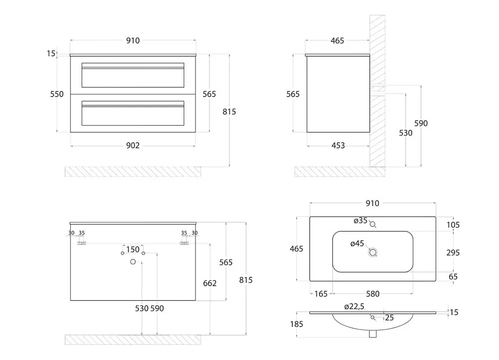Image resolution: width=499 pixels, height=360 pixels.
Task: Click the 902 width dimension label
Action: tap(133, 145)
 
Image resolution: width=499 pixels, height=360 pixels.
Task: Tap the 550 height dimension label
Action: tap(57, 94)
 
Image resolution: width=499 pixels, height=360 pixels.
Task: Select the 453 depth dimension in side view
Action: tap(338, 145)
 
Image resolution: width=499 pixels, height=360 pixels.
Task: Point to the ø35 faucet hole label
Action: tap(361, 220)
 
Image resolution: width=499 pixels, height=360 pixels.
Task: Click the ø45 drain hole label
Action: tap(357, 244)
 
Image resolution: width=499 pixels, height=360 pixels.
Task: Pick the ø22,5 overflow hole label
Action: tap(354, 307)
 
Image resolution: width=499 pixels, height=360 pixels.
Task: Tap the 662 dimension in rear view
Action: tap(210, 283)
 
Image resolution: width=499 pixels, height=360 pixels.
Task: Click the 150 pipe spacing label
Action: tap(133, 249)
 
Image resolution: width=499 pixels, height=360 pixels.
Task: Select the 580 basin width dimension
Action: tap(373, 294)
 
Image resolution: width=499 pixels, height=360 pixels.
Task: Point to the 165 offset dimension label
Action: tap(321, 294)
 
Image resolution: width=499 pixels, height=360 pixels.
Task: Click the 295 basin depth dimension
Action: tap(453, 252)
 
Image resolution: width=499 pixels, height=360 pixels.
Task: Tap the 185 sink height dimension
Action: tap(296, 324)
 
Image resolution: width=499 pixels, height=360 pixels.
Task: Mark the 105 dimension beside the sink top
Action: tap(453, 225)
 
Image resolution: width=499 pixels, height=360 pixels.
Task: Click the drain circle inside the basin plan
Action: tap(373, 252)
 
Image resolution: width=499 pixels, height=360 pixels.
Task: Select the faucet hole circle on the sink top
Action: tap(373, 224)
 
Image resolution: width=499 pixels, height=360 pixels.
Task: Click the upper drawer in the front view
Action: tap(133, 75)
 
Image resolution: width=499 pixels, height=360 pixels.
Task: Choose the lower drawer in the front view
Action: tap(133, 113)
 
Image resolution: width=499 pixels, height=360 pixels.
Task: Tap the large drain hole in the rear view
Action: tap(133, 262)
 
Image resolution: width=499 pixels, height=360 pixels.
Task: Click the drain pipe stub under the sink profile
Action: tap(373, 334)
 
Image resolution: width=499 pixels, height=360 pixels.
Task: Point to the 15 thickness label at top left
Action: tap(51, 53)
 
